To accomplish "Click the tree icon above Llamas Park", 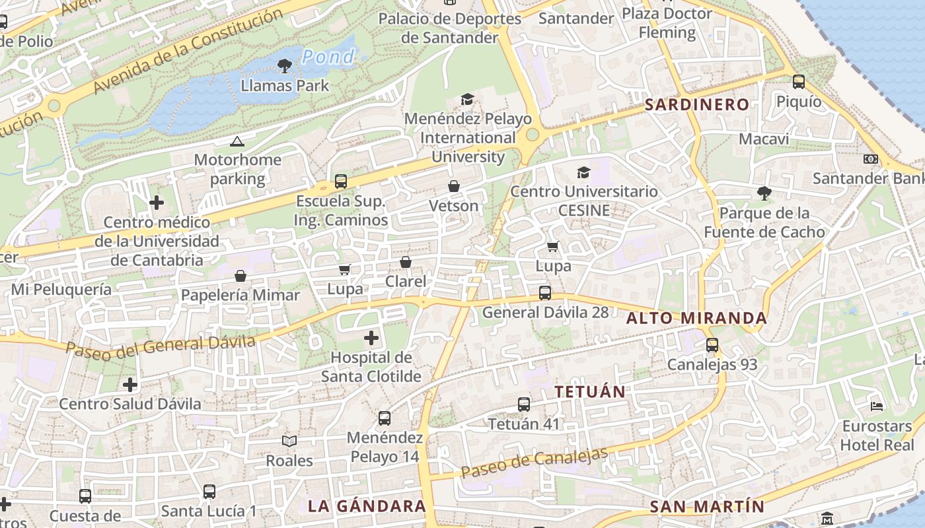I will pos(285,65).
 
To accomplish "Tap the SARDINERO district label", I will pos(697,104).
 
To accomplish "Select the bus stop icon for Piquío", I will pos(799,82).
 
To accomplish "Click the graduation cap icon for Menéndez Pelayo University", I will pos(468,99).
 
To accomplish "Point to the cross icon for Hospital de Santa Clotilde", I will pos(372,339).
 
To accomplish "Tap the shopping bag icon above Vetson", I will pos(454,187).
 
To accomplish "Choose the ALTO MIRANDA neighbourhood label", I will pos(696,318).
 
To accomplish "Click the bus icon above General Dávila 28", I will pos(545,293).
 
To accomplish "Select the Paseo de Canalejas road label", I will pos(534,463).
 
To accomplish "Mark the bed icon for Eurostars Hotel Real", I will pos(877,406).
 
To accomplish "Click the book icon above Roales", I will pos(289,441).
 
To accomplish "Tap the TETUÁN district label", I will pos(590,391).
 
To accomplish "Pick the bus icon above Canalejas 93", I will pos(712,345).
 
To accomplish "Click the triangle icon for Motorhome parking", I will pos(237,141).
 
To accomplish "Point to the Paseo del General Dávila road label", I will pos(161,346).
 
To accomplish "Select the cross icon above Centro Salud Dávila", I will pos(130,384).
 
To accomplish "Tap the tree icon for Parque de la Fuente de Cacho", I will pos(764,193).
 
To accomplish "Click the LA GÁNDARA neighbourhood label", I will pos(367,506).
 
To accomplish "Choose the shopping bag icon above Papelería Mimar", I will pos(240,276).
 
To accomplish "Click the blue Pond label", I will pos(328,57).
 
